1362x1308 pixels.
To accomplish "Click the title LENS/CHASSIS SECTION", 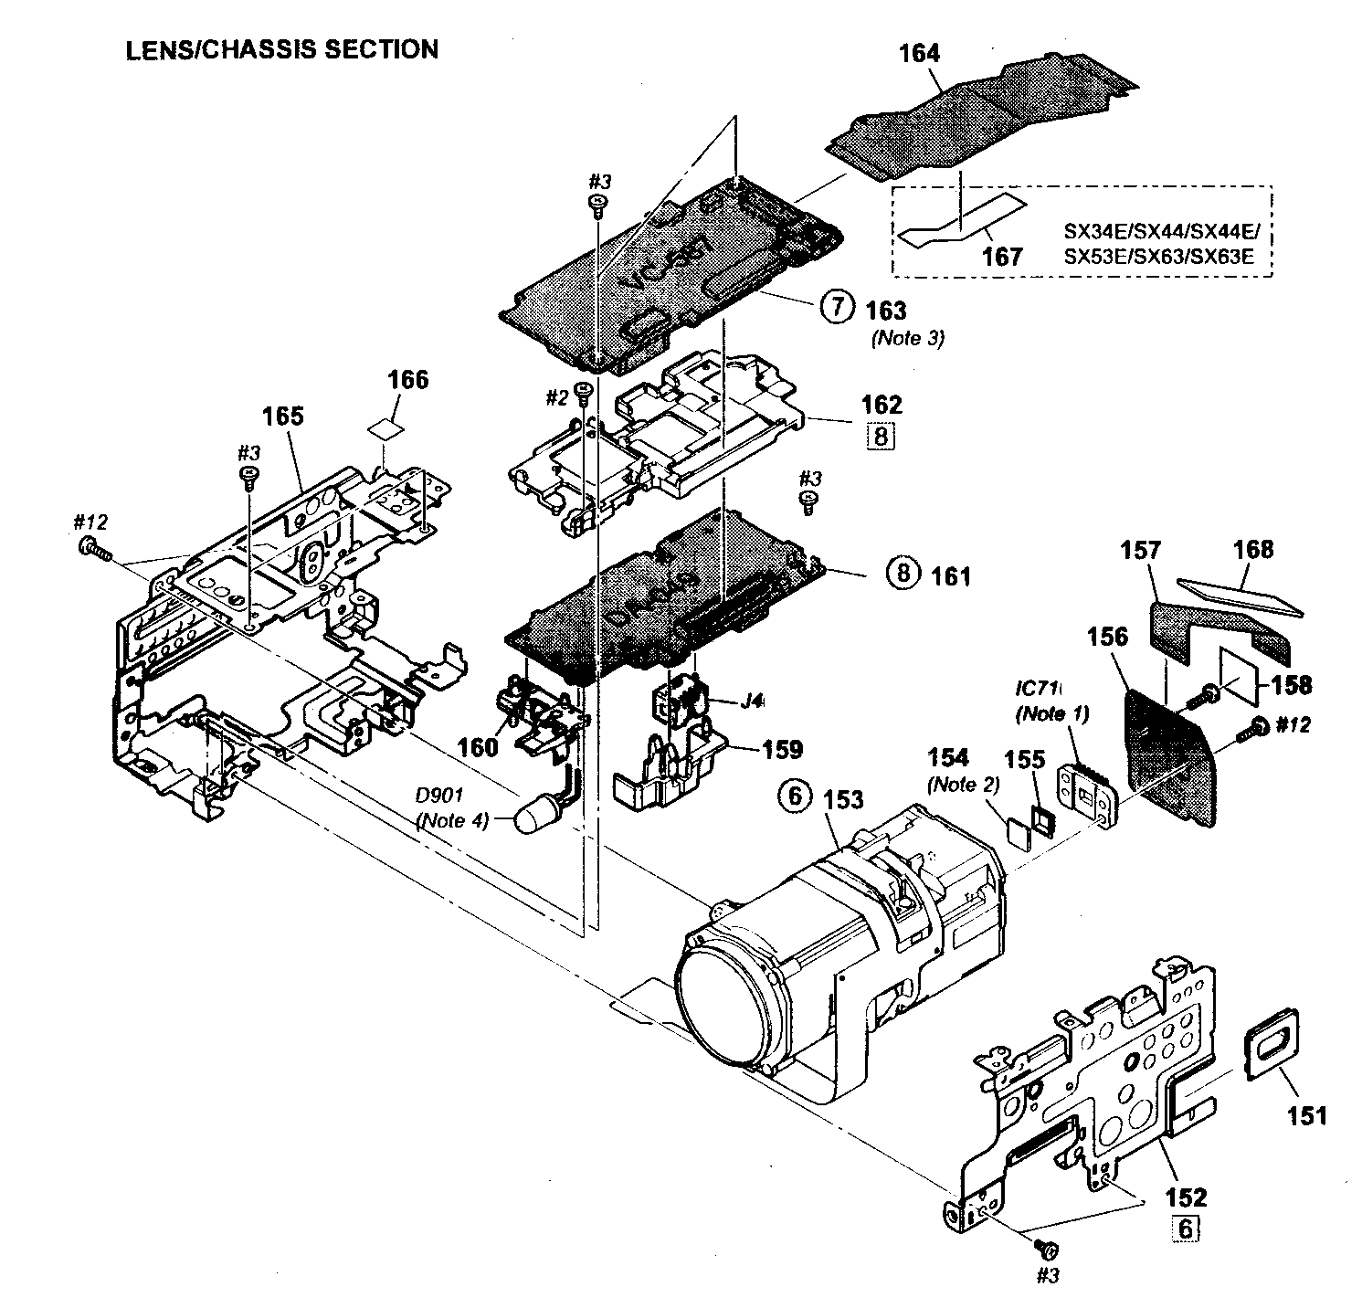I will coord(281,49).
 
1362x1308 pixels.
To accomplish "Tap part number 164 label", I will coord(919,55).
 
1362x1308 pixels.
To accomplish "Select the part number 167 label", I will coord(1001,256).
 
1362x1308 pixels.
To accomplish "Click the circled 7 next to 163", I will coord(835,308).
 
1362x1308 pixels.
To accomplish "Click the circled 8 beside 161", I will coord(901,574).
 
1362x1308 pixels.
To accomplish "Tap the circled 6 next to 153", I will coord(793,797).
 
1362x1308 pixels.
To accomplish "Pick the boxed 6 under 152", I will coord(1185,1229).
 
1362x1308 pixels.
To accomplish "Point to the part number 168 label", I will coord(1252,549).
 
